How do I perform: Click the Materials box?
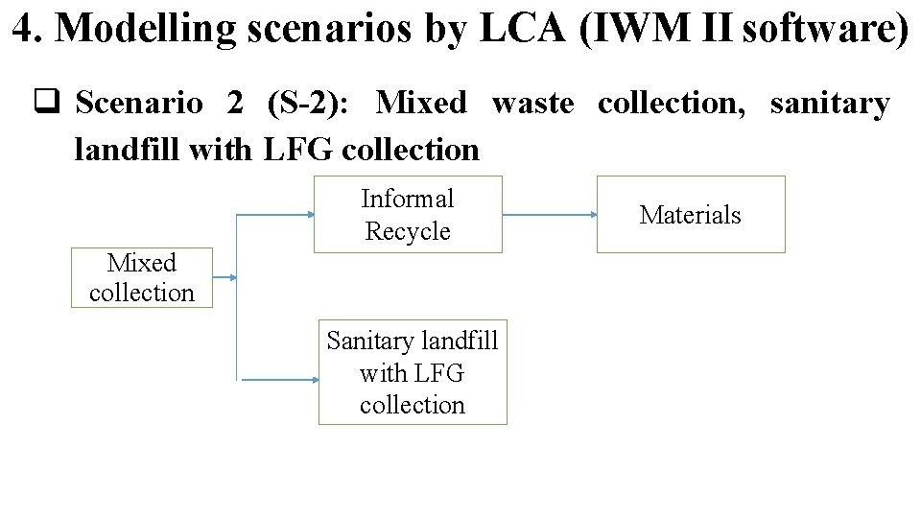691,214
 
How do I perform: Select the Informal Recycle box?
408,214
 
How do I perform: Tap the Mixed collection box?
141,277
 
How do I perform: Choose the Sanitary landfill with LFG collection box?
413,372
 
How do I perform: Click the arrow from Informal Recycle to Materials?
549,215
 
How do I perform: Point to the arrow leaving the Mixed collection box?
224,278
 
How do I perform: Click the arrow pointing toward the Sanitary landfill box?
279,380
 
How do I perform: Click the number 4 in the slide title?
23,29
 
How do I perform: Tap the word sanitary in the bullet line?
830,103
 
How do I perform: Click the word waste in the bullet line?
532,103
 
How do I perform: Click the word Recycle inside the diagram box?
408,231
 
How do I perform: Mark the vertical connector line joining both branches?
237,297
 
